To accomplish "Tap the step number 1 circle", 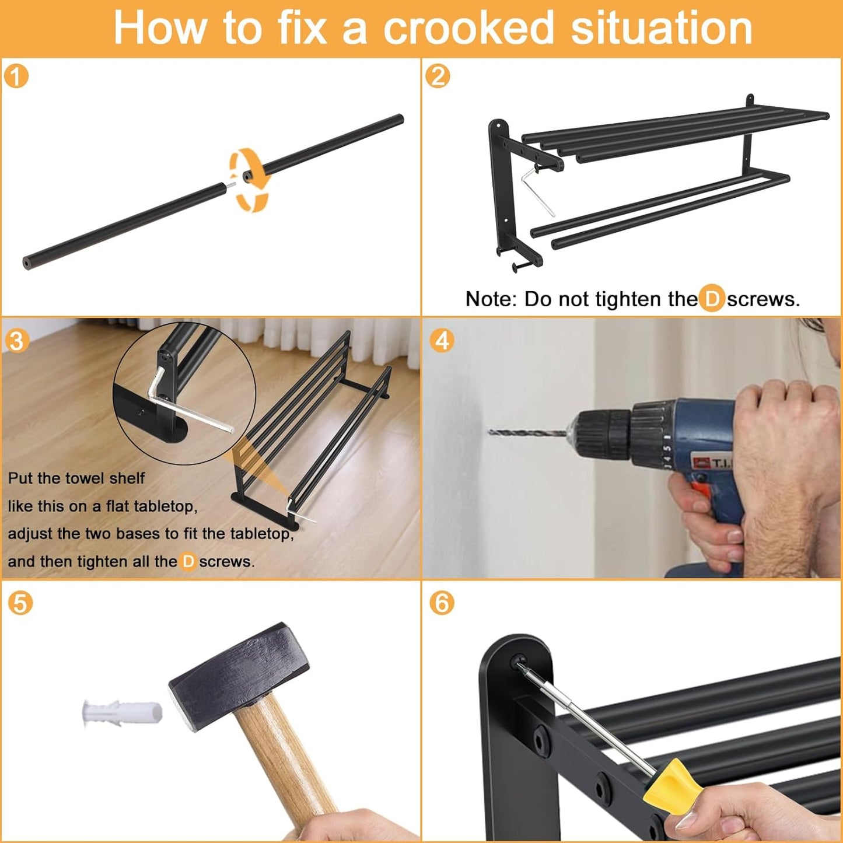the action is point(16,76).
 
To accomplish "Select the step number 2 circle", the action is point(438,76).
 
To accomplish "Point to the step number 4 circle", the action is point(442,340).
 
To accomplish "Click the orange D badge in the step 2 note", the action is point(712,299).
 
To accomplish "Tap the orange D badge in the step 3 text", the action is point(188,561).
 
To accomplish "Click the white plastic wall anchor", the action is point(121,713).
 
